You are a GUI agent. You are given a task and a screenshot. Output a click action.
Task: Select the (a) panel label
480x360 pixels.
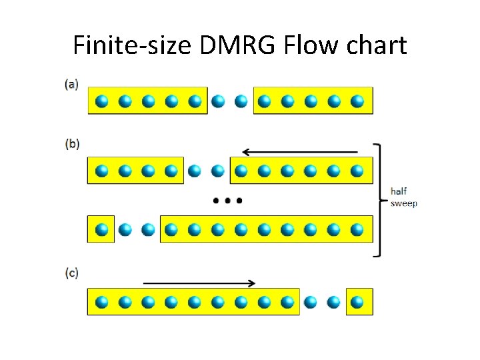71,84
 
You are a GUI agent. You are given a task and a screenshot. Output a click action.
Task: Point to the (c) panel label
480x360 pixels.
71,273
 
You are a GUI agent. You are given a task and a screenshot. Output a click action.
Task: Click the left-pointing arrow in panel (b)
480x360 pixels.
300,152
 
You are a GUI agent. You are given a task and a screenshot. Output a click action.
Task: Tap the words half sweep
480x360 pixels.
403,197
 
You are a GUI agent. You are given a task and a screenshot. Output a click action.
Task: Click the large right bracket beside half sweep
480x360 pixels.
379,199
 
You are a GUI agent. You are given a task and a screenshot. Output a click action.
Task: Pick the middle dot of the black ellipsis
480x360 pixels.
227,200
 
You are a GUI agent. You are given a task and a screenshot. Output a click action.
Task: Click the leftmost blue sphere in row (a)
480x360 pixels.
101,101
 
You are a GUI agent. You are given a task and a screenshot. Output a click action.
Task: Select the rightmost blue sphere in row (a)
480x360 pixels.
357,101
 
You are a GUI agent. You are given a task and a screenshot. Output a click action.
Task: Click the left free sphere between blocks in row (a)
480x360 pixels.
217,101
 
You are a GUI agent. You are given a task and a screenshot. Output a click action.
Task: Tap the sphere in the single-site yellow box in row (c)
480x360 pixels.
357,302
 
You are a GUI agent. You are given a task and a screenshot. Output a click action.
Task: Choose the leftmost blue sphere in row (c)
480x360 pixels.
101,302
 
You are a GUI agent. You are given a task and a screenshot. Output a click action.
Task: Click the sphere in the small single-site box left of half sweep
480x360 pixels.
101,230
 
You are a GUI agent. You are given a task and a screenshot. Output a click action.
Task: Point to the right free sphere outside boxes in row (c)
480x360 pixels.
333,302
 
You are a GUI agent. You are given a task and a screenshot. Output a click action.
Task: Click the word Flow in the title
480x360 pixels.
303,45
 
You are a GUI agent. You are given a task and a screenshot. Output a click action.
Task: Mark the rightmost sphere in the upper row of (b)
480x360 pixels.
357,171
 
